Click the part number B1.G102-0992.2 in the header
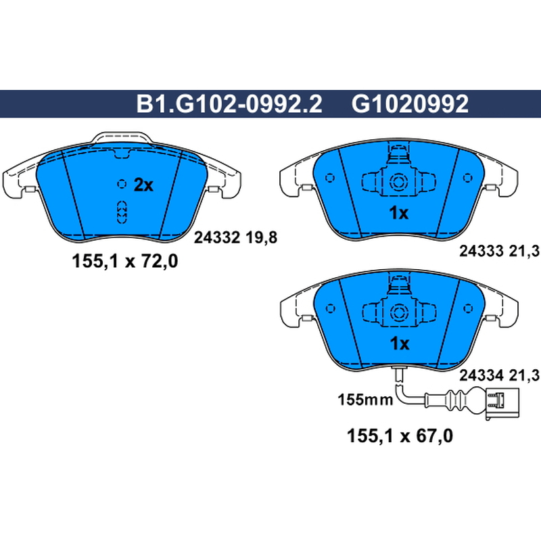tap(229, 104)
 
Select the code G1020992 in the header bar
tap(410, 104)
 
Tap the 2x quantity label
tap(143, 185)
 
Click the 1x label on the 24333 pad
tap(398, 213)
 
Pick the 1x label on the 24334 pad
tap(399, 344)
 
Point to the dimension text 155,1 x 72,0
tap(125, 261)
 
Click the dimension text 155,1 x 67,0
tap(400, 436)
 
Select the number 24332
tap(216, 237)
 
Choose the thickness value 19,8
tap(262, 238)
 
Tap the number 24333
tap(481, 251)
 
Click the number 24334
tap(481, 375)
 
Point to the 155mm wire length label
tap(365, 400)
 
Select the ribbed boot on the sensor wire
tap(456, 400)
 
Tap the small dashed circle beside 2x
tap(122, 184)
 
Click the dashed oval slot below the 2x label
tap(122, 212)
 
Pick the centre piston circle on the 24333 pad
tap(398, 181)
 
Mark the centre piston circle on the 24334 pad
tap(399, 312)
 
